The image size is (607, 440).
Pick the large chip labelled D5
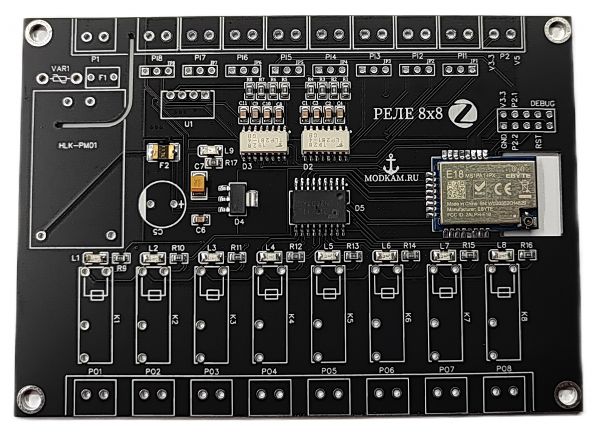pos(319,206)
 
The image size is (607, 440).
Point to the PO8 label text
pos(504,368)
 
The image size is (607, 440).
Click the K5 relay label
pos(350,318)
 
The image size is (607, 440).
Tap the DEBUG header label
pos(542,104)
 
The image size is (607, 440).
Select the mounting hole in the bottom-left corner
pos(30,398)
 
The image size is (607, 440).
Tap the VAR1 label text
pos(59,68)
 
